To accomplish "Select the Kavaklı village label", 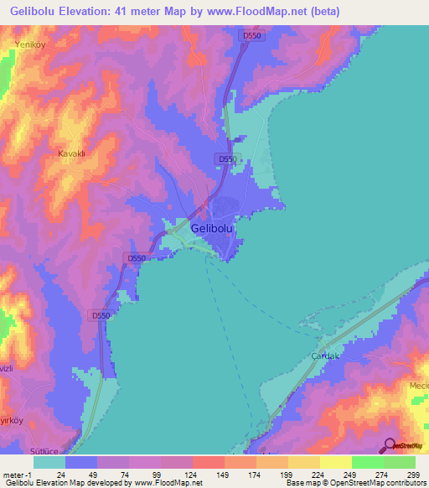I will [72, 153].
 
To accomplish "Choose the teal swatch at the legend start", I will [49, 462].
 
